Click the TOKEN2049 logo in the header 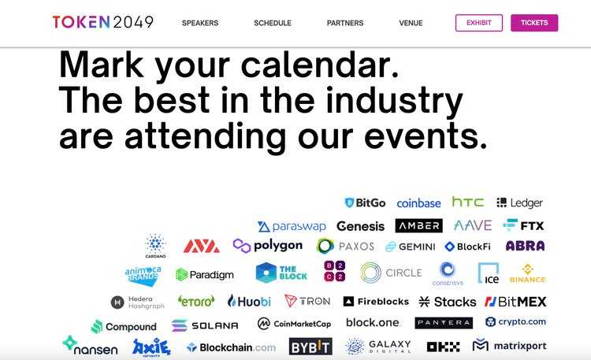102,23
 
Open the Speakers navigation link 200,24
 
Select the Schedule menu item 273,24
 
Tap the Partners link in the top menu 345,24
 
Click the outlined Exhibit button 478,23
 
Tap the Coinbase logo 418,203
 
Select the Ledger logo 520,203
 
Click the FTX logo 524,225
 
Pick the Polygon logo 268,246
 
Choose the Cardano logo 155,246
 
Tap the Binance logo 527,273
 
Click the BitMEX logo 515,301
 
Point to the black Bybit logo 310,347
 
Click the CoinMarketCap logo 294,323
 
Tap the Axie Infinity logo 151,347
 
